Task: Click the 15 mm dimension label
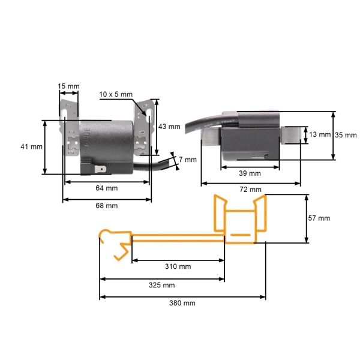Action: coord(68,86)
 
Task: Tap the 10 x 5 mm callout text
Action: coord(116,94)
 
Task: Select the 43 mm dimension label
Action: coord(169,127)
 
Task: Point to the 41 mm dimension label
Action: coord(31,146)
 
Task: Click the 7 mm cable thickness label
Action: coord(188,160)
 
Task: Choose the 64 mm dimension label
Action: coord(107,188)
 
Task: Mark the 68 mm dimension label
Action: coord(107,206)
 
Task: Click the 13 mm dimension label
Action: coord(320,134)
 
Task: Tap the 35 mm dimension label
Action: coord(346,135)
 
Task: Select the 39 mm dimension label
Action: coord(250,173)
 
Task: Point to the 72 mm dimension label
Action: coord(250,190)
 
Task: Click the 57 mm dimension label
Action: coord(319,218)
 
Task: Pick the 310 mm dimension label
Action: coord(178,266)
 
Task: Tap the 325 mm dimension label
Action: coord(161,285)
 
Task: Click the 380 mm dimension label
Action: coord(182,303)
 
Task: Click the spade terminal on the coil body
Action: coord(100,170)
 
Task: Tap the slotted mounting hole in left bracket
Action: coord(65,113)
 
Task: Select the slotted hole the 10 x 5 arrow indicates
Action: coord(149,113)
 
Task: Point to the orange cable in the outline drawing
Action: coord(178,238)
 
